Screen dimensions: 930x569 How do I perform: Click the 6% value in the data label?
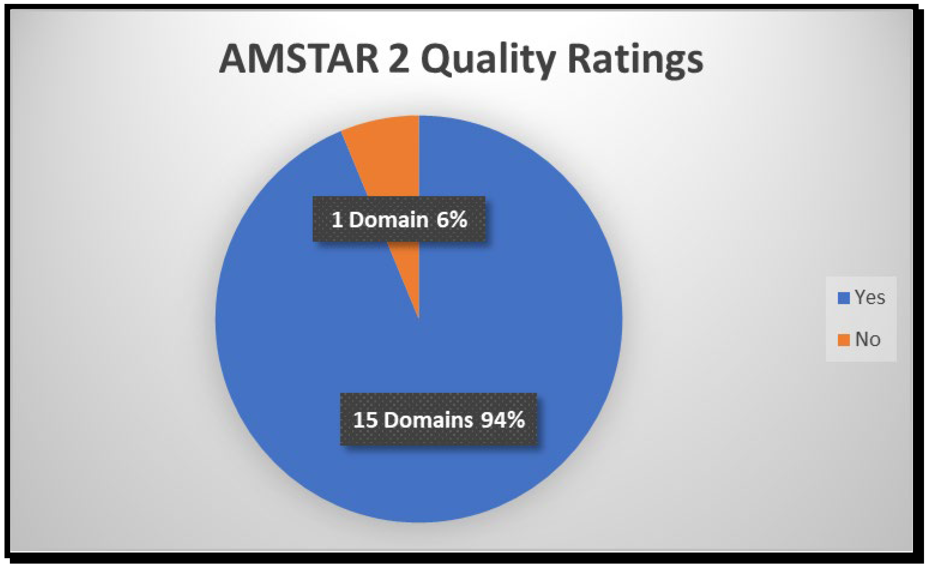pos(452,219)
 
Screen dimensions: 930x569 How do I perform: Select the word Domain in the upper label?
pos(389,219)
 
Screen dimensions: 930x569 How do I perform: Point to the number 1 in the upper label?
pos(337,219)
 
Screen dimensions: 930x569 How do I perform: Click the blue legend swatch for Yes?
pos(844,298)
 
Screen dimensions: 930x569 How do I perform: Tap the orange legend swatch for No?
pos(844,340)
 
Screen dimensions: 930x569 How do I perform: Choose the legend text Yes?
pos(870,297)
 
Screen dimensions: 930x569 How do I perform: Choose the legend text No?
pos(868,339)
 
